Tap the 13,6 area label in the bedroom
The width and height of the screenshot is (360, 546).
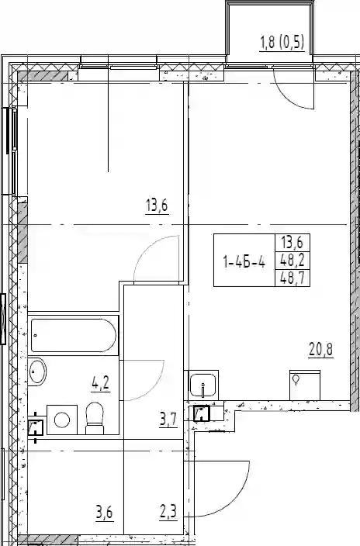click(x=157, y=206)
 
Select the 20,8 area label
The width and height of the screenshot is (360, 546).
click(x=320, y=349)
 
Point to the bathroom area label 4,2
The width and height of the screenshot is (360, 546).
click(x=101, y=384)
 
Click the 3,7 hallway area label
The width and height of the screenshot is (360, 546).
click(x=168, y=420)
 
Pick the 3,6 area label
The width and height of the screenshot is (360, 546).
click(x=105, y=513)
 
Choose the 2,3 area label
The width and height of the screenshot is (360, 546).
click(x=168, y=513)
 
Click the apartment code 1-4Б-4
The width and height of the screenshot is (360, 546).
click(x=244, y=261)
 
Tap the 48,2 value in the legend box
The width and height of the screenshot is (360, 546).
click(x=292, y=260)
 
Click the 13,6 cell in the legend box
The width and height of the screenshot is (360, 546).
click(x=292, y=242)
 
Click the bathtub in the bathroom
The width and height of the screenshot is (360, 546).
click(x=74, y=335)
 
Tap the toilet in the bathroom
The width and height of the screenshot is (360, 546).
click(x=95, y=419)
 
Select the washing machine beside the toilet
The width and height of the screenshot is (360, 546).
click(x=62, y=420)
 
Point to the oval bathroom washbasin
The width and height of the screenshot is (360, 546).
click(x=37, y=372)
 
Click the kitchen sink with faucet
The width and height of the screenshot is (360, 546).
click(x=203, y=385)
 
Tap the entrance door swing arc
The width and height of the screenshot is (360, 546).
click(x=237, y=502)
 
